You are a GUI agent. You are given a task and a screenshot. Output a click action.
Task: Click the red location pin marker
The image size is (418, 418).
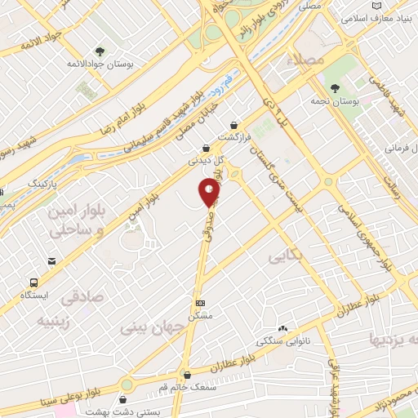pos(210,193)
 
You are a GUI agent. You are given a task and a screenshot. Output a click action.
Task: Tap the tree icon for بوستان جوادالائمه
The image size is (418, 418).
pos(100,51)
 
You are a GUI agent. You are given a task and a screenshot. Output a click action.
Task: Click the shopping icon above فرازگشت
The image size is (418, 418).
pos(235,126)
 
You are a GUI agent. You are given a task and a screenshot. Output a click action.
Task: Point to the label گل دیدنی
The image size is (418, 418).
pos(206,160)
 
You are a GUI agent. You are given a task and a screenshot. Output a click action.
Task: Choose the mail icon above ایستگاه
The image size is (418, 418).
pos(52,262)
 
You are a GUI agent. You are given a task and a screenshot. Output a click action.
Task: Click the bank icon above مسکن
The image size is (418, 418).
pos(200,302)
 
